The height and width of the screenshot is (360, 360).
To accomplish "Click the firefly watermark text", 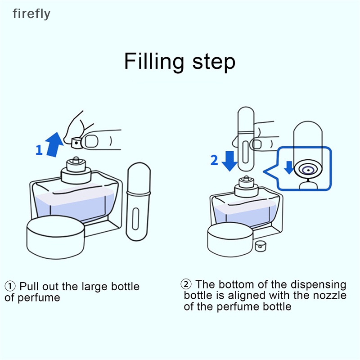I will [31, 14].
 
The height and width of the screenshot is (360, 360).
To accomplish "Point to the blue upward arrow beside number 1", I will [55, 144].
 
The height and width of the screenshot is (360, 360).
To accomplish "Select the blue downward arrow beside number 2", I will [229, 161].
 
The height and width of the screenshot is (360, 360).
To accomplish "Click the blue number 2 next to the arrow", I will [214, 160].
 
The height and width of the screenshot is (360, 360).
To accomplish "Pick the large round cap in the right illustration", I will [229, 237].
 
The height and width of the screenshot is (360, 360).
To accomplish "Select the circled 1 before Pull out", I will [10, 287].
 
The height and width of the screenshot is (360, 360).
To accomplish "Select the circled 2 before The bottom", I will [186, 284].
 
